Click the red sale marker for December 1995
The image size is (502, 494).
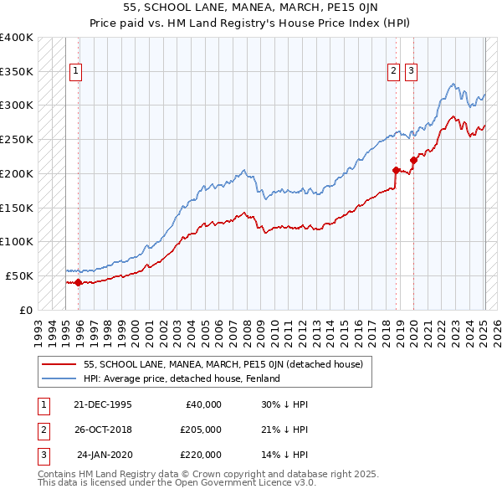(x=79, y=282)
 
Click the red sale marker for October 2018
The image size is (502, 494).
(x=396, y=169)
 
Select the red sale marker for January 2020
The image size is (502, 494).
(x=413, y=159)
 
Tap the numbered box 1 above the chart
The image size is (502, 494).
(x=76, y=72)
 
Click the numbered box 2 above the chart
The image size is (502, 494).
(x=393, y=72)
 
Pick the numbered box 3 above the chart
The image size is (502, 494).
(x=412, y=72)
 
